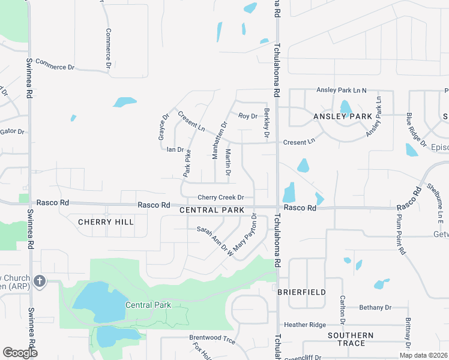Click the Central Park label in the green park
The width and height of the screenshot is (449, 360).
(148, 305)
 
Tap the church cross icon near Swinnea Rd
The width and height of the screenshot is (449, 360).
(40, 281)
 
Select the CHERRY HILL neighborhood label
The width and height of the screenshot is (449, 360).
(106, 222)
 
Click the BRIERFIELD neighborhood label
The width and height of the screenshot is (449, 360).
(301, 292)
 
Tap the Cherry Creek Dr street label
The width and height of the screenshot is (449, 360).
(221, 197)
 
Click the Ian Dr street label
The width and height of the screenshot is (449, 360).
(175, 149)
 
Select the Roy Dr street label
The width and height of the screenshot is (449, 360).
(247, 116)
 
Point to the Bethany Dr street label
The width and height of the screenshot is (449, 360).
(375, 307)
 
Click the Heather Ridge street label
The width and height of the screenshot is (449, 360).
(305, 325)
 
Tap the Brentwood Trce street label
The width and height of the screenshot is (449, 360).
(212, 338)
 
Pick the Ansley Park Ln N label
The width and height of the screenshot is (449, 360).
(342, 90)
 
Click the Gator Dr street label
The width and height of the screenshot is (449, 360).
(12, 131)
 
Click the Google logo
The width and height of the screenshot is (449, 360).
(20, 353)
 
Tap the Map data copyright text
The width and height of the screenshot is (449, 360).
(423, 355)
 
